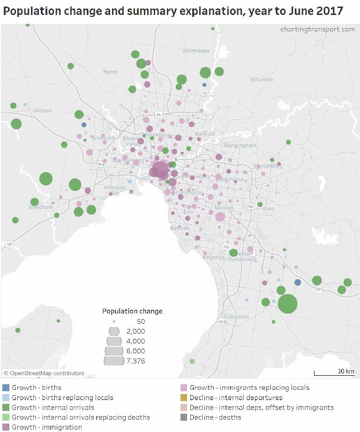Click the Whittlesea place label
[196, 51]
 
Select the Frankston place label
[237, 317]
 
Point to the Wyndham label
[40, 207]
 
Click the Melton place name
[43, 111]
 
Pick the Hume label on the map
[110, 72]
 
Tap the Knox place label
[269, 209]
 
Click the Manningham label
[240, 145]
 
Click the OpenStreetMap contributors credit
[44, 373]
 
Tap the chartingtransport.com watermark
[317, 29]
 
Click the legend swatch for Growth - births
[6, 387]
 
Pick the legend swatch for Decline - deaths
[184, 417]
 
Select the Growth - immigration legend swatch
[6, 427]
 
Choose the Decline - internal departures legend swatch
[184, 397]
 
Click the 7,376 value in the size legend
[135, 361]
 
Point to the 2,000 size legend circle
[114, 331]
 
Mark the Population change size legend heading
[132, 311]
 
